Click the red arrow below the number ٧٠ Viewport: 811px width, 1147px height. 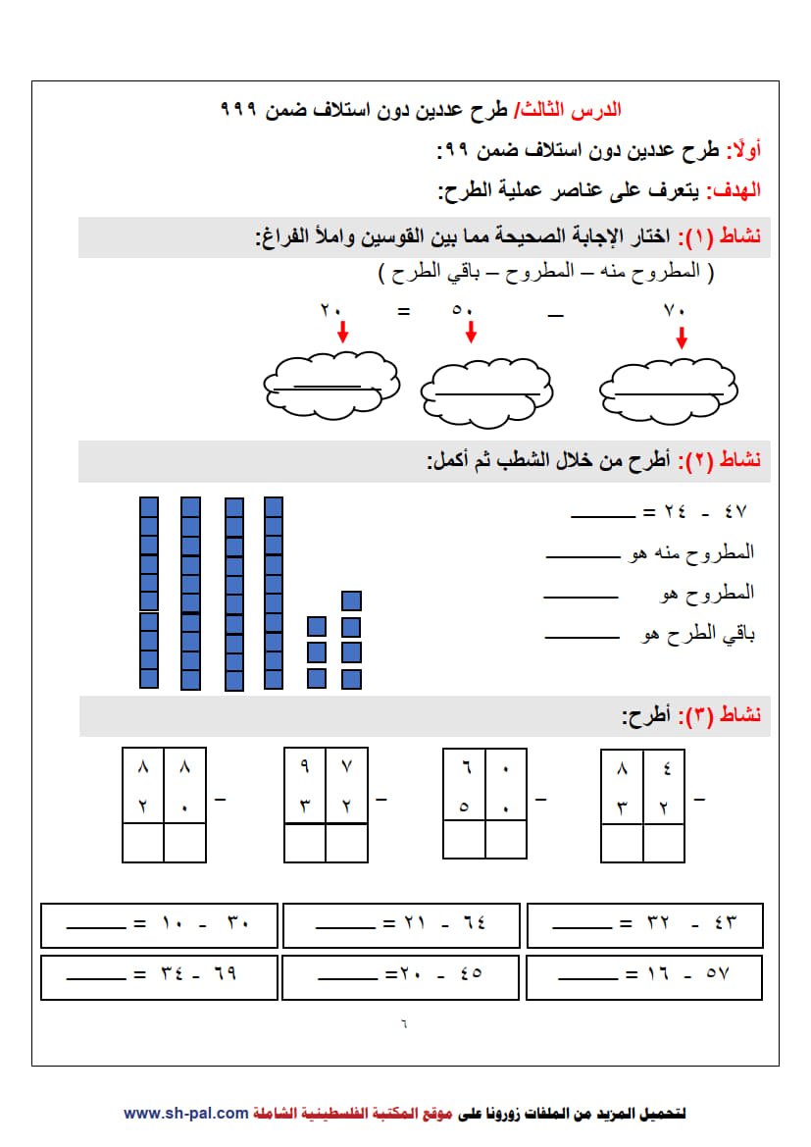(x=682, y=338)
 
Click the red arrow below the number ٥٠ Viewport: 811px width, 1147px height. (x=471, y=332)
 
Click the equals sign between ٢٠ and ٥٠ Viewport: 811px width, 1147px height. (x=402, y=312)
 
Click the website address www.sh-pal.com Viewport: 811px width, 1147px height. (x=186, y=1114)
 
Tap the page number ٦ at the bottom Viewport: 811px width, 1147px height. (x=404, y=1023)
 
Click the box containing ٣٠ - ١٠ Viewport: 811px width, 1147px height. (x=159, y=924)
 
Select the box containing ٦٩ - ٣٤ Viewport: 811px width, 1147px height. (x=159, y=975)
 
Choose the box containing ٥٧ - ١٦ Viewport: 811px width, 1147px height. (x=644, y=976)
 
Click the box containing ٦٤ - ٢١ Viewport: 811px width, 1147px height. (x=402, y=924)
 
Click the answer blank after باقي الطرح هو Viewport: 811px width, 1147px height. (x=582, y=636)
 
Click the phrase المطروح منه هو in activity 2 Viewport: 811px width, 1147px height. (x=691, y=553)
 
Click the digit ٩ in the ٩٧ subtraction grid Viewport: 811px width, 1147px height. (x=305, y=765)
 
